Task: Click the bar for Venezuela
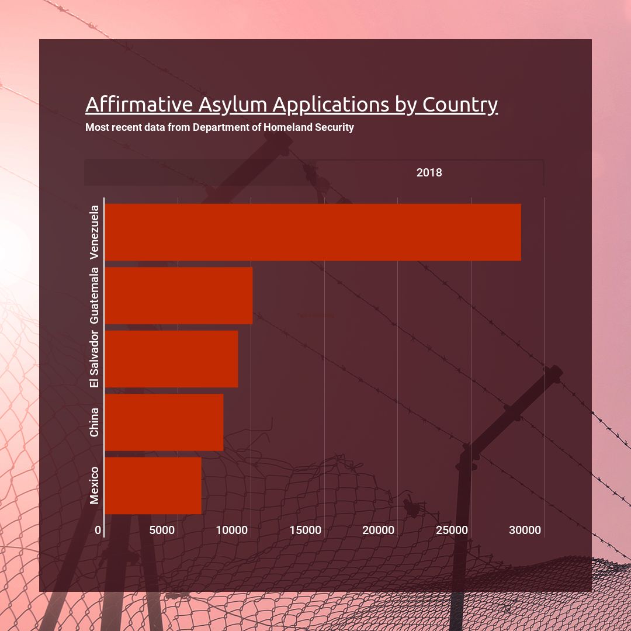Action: pos(313,232)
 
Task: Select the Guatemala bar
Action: pos(178,296)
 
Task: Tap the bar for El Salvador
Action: pos(171,359)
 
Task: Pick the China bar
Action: pos(164,422)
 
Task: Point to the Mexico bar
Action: pos(152,486)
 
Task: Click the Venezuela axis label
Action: pos(95,232)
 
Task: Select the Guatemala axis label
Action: pos(95,296)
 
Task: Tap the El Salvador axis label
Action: pos(95,359)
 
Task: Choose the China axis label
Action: pos(95,422)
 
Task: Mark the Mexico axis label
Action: pos(95,486)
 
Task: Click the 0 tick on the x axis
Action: pos(98,531)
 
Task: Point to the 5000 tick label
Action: pos(162,531)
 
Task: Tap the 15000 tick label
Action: pos(306,531)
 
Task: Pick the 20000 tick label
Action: pos(379,531)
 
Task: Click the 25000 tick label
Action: pos(452,531)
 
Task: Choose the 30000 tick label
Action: pos(525,531)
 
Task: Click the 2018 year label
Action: pos(429,173)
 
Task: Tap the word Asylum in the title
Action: pos(233,105)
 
